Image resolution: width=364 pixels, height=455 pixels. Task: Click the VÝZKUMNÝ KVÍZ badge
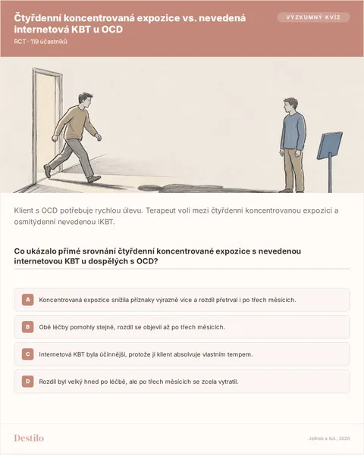(x=313, y=17)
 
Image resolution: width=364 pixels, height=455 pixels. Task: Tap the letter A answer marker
(x=28, y=300)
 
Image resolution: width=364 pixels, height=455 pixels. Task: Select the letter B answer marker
(x=28, y=327)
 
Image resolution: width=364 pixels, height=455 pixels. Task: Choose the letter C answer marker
(x=28, y=354)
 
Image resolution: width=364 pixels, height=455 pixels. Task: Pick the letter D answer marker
(x=28, y=382)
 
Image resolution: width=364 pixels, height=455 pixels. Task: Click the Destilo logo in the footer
(x=29, y=438)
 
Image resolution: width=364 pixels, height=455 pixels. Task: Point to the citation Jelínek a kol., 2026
(x=329, y=438)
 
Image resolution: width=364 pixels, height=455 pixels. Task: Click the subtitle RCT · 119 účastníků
(x=41, y=42)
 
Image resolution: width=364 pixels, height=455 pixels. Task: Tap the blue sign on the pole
(x=329, y=145)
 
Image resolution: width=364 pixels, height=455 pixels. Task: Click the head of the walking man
(x=85, y=101)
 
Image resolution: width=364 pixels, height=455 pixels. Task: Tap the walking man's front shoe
(x=94, y=179)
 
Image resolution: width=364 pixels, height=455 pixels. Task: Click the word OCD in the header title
(x=112, y=30)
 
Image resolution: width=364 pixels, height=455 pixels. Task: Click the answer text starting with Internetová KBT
(x=146, y=354)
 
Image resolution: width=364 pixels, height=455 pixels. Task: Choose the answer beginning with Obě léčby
(x=132, y=327)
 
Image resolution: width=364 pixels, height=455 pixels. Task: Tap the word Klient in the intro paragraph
(x=24, y=210)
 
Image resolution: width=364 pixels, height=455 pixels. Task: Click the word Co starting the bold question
(x=19, y=251)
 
